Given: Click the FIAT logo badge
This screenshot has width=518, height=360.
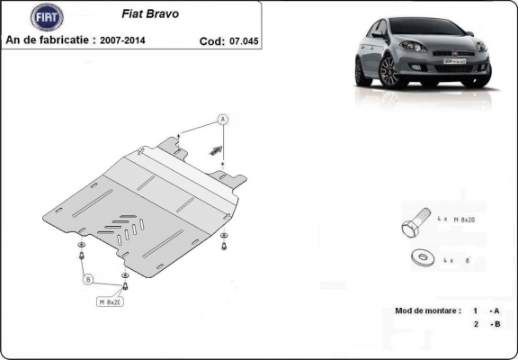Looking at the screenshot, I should click(47, 17).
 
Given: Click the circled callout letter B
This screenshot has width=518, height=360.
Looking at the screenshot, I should click(89, 281).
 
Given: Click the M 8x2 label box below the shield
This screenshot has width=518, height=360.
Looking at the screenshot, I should click(111, 301).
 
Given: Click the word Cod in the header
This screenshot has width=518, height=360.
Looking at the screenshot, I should click(211, 41).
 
